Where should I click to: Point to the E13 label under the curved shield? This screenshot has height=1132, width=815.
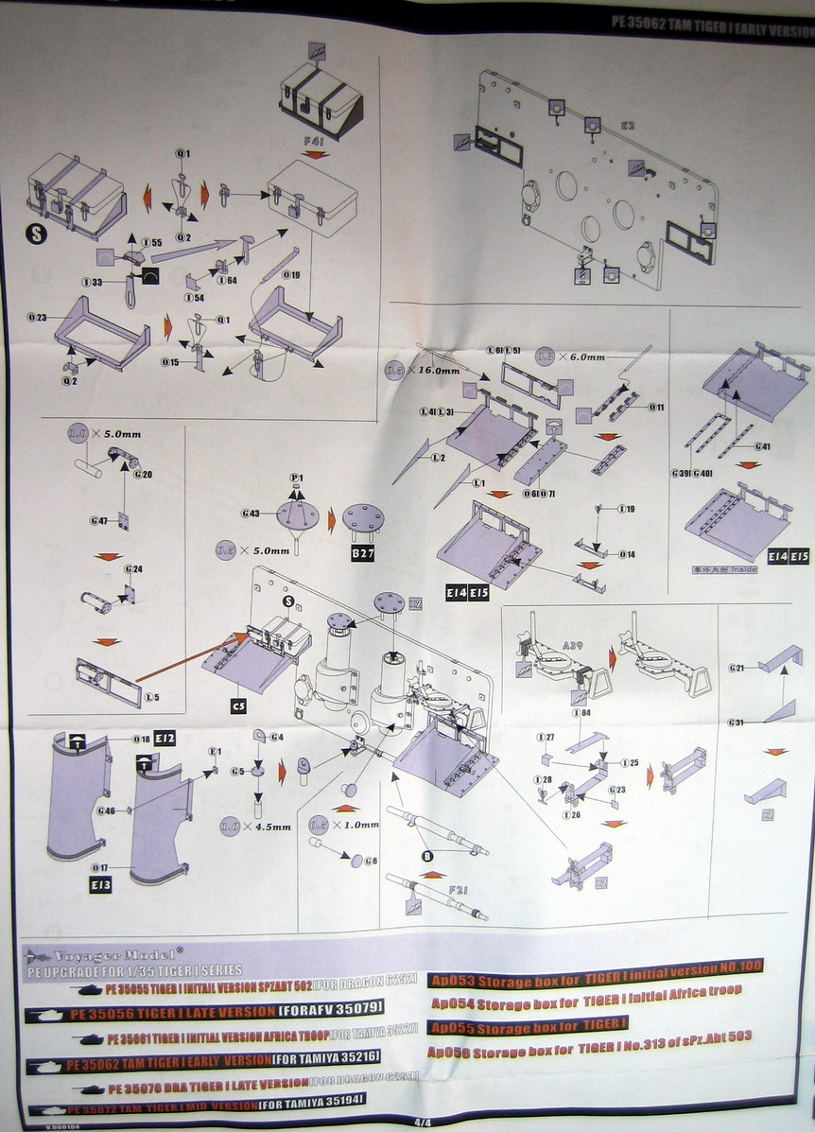click(x=101, y=884)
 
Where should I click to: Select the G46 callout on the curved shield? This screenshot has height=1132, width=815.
click(x=106, y=810)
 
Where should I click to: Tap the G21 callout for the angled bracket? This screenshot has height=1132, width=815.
click(x=737, y=669)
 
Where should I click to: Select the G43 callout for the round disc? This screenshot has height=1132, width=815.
click(x=251, y=514)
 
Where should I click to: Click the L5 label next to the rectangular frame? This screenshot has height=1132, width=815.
click(x=151, y=697)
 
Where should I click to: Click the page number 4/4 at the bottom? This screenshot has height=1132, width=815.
click(x=421, y=1122)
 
